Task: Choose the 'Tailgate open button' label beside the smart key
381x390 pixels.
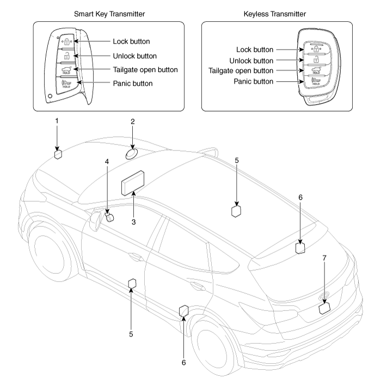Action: coord(145,70)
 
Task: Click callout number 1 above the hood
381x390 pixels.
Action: coord(57,119)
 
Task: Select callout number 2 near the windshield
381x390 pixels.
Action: coord(132,122)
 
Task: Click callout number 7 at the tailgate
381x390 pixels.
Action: coord(324,257)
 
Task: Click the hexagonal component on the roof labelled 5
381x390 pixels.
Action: coord(236,212)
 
